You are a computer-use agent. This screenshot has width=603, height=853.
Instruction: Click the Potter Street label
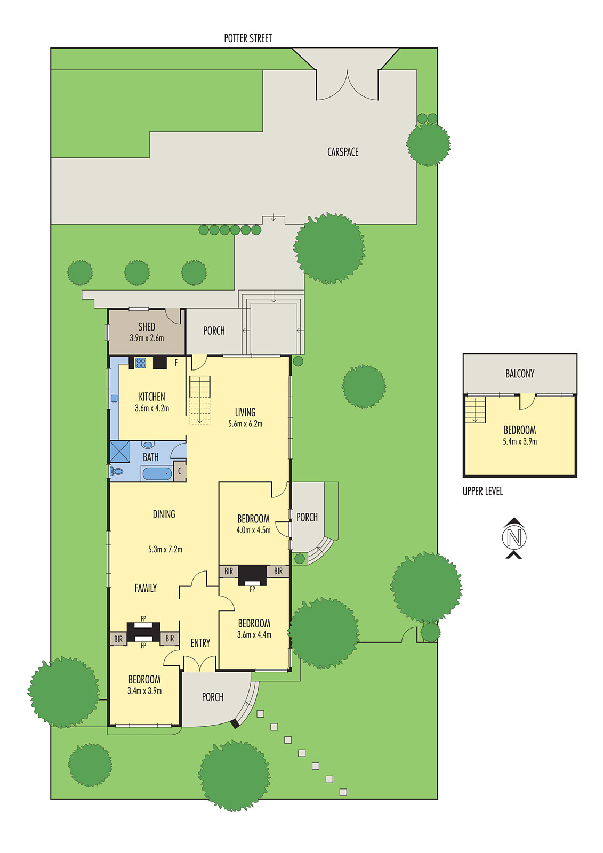[x=247, y=38]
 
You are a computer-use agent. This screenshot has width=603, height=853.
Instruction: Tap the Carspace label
[x=342, y=152]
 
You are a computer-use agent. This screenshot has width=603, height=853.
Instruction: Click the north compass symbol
[x=514, y=537]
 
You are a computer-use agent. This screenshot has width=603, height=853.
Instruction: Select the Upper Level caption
[x=483, y=492]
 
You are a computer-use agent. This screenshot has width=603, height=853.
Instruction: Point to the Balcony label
[x=519, y=374]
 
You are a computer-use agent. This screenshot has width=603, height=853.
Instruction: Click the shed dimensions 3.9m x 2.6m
[x=147, y=338]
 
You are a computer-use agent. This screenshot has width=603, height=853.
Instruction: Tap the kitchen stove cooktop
[x=141, y=363]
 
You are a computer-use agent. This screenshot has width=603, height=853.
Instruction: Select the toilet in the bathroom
[x=117, y=471]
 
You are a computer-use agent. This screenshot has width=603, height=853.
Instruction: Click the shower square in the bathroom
[x=120, y=451]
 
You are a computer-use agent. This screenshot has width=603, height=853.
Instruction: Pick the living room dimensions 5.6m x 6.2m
[x=245, y=424]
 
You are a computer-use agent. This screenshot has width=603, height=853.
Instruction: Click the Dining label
[x=164, y=514]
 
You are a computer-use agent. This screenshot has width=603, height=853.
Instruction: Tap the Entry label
[x=200, y=643]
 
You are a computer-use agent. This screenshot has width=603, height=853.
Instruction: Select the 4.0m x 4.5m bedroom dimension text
[x=253, y=530]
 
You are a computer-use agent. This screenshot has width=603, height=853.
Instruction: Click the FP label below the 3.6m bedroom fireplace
[x=252, y=589]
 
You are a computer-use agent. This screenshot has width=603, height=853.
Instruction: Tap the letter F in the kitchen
[x=176, y=363]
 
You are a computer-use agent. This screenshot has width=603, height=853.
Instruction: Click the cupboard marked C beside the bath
[x=180, y=471]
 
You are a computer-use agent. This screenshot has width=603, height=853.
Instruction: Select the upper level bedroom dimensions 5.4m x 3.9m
[x=519, y=441]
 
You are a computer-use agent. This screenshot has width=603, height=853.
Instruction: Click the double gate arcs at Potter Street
[x=348, y=86]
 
